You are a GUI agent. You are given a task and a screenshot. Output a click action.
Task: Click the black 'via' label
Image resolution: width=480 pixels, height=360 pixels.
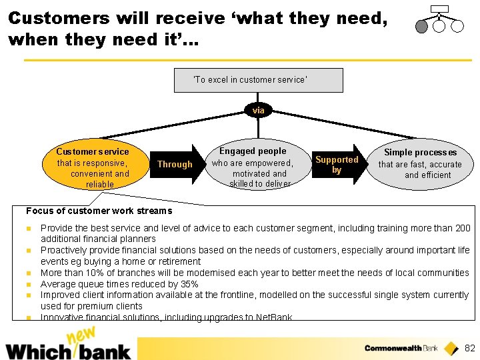pyautogui.click(x=258, y=110)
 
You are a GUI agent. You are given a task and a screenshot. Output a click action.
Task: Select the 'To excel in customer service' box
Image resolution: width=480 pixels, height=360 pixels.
pyautogui.click(x=258, y=80)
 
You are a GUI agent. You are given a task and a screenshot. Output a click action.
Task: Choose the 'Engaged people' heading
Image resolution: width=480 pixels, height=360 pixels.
pyautogui.click(x=253, y=151)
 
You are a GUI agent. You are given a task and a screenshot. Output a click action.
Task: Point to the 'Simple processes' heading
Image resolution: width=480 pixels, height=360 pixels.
pyautogui.click(x=421, y=153)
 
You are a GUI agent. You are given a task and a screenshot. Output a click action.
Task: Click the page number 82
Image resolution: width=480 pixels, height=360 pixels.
pyautogui.click(x=470, y=348)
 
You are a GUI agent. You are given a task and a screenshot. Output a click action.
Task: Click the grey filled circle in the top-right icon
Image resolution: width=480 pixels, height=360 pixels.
pyautogui.click(x=421, y=26)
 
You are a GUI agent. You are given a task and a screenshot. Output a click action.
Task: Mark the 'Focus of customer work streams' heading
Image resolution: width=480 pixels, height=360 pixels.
pyautogui.click(x=99, y=211)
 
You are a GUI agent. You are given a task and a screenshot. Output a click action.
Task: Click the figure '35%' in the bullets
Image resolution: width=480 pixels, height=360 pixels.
pyautogui.click(x=189, y=284)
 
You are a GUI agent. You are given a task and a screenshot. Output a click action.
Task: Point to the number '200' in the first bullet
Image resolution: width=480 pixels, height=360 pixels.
pyautogui.click(x=462, y=228)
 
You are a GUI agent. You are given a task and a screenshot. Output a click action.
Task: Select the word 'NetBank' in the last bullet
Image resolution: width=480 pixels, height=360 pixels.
pyautogui.click(x=275, y=317)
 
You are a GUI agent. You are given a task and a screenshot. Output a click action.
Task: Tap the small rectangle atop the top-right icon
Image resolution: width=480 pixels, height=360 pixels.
pyautogui.click(x=439, y=9)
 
